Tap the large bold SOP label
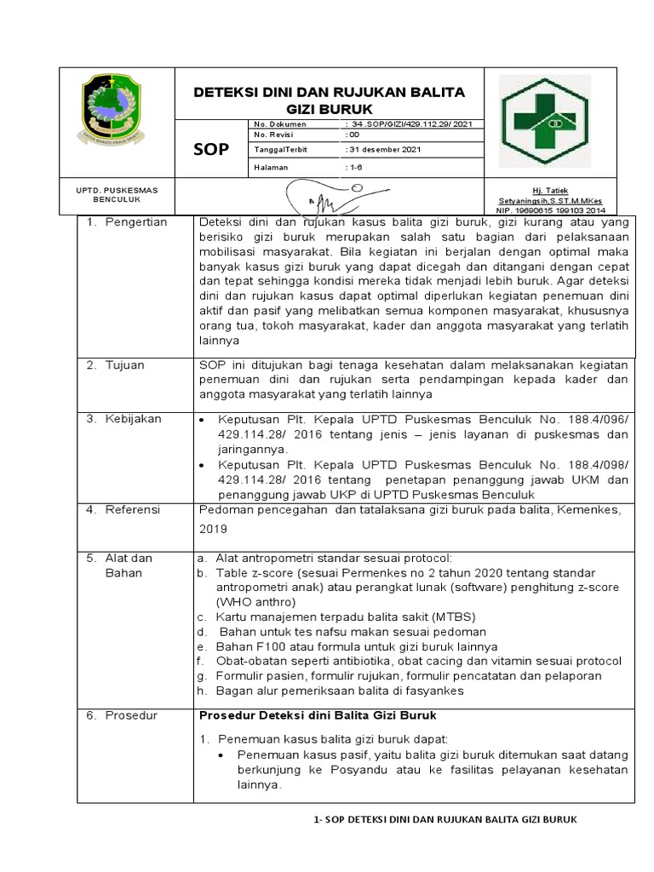(x=212, y=150)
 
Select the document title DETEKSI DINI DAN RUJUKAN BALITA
(x=331, y=92)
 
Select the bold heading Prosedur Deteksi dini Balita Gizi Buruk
(x=318, y=714)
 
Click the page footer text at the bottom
(x=445, y=819)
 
